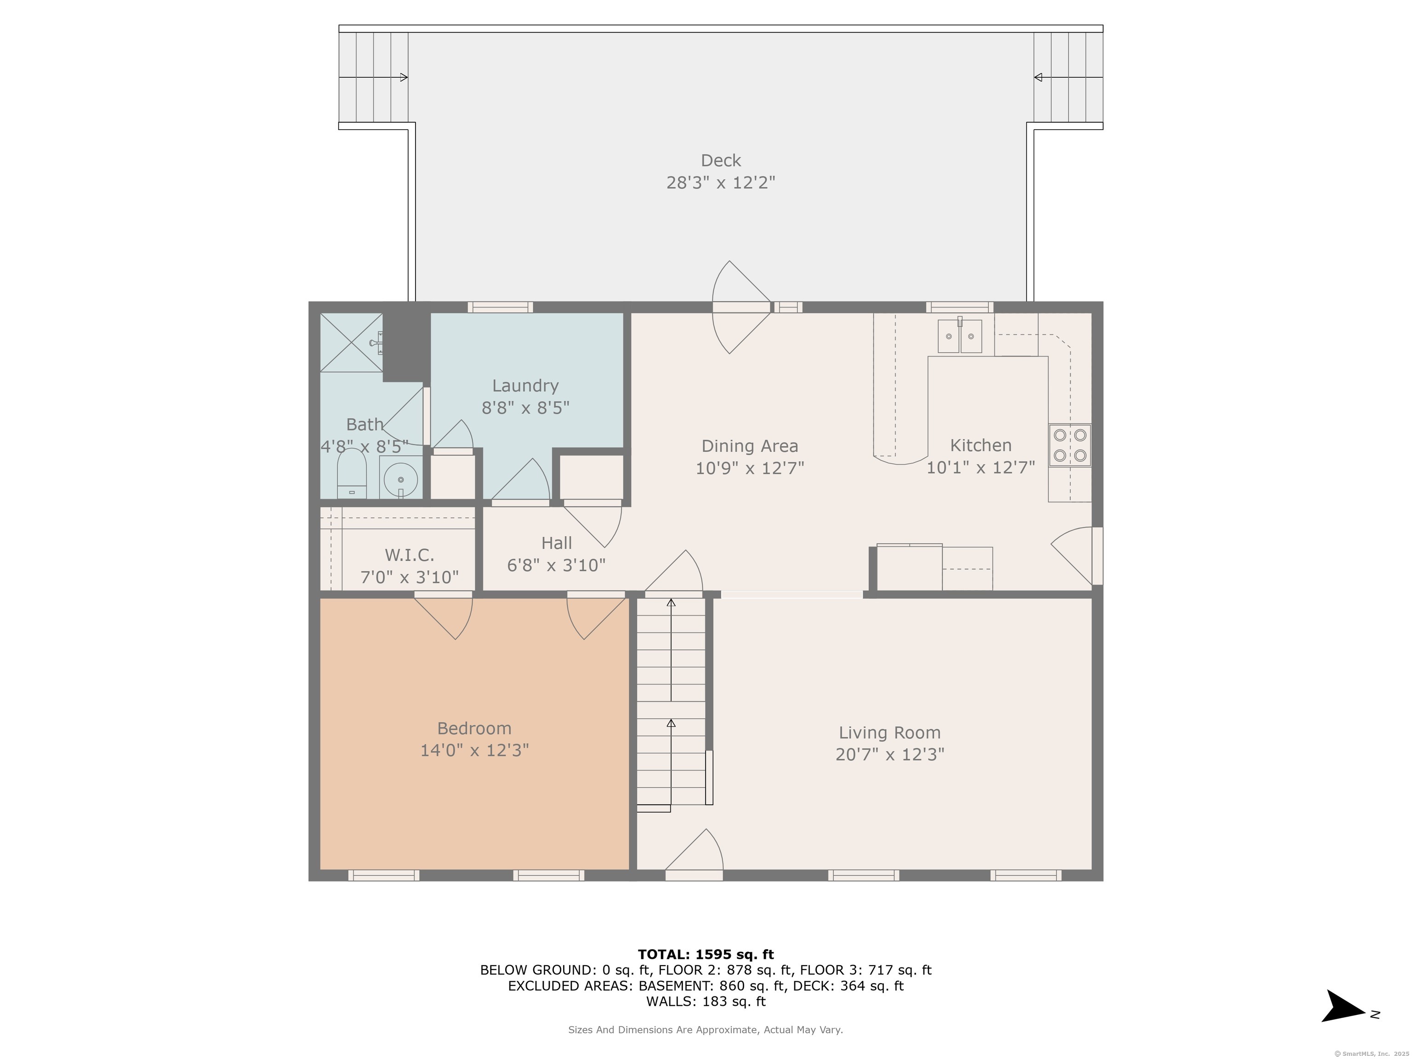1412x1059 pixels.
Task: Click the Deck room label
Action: pyautogui.click(x=721, y=160)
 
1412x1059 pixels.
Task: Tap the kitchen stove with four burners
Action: pyautogui.click(x=1070, y=445)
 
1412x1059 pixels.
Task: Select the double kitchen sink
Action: pyautogui.click(x=959, y=336)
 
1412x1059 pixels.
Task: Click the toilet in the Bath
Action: pyautogui.click(x=352, y=473)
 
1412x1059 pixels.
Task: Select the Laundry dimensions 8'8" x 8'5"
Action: pyautogui.click(x=525, y=408)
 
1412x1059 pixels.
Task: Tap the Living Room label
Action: pyautogui.click(x=890, y=732)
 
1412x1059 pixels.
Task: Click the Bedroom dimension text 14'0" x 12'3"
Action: pyautogui.click(x=474, y=750)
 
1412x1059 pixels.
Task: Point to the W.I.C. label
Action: pyautogui.click(x=409, y=555)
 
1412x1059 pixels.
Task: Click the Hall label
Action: pyautogui.click(x=557, y=543)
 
